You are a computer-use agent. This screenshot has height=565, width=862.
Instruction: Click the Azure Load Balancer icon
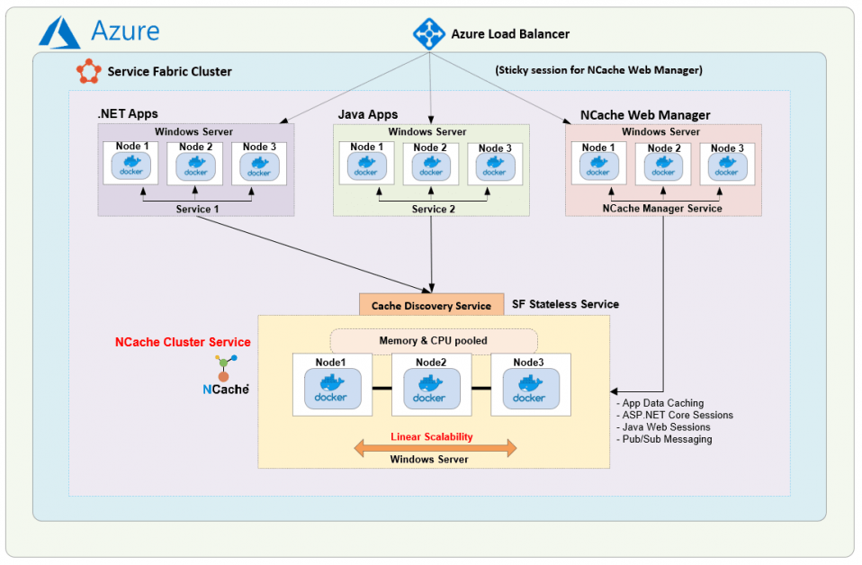click(428, 33)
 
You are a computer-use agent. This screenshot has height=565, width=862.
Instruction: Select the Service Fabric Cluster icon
click(88, 71)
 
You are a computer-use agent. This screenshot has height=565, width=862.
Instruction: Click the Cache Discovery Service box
click(431, 305)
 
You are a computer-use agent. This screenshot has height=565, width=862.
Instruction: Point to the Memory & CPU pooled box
click(434, 341)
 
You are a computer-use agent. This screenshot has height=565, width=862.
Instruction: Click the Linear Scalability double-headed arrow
click(435, 447)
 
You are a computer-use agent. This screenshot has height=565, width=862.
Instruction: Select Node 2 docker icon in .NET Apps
click(195, 166)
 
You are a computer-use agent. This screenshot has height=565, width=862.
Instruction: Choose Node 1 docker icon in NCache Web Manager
click(597, 166)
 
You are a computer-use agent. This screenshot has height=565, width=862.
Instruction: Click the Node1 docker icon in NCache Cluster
click(332, 389)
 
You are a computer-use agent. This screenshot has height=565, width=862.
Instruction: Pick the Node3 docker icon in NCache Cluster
click(529, 389)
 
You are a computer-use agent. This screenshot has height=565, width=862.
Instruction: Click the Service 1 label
click(196, 209)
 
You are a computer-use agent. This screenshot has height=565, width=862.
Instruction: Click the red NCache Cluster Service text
click(183, 342)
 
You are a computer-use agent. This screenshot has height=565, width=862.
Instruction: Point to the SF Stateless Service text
click(565, 304)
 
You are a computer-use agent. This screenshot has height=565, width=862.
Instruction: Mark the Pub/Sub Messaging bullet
click(666, 439)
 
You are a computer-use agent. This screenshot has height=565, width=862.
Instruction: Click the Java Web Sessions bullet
click(665, 427)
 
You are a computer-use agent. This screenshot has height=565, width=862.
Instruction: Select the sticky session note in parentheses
click(598, 70)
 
